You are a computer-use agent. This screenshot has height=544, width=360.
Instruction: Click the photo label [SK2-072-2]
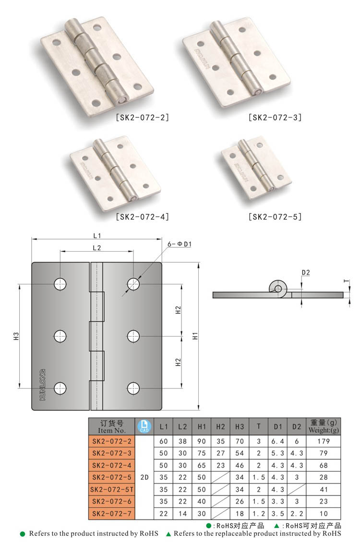point(143,117)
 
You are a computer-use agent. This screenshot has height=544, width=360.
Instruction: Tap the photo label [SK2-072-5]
point(275,217)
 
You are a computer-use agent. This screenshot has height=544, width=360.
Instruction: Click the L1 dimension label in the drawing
point(97,236)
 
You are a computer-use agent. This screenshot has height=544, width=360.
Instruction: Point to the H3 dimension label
point(16,336)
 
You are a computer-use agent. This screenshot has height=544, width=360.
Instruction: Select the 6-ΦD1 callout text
point(180,244)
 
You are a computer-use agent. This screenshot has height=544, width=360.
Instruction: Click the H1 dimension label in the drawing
point(195,336)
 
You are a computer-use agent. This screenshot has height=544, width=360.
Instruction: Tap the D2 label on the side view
point(306,272)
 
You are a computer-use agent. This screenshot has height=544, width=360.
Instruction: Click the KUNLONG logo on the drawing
point(43,385)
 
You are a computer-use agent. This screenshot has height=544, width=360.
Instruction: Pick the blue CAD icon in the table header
point(144,426)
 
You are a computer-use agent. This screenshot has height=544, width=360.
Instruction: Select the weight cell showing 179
point(324,441)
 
